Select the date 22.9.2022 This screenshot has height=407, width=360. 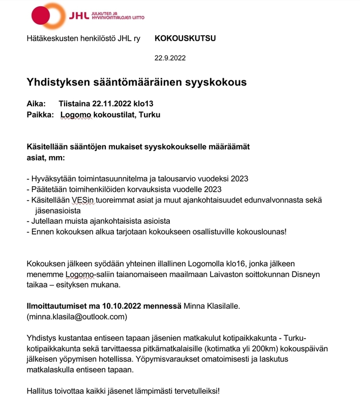click(170, 57)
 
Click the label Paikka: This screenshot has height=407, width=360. click(40, 115)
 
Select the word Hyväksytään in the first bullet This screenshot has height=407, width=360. click(52, 179)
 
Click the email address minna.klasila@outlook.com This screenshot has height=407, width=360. click(76, 317)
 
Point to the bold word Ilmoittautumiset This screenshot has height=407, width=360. click(57, 306)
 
